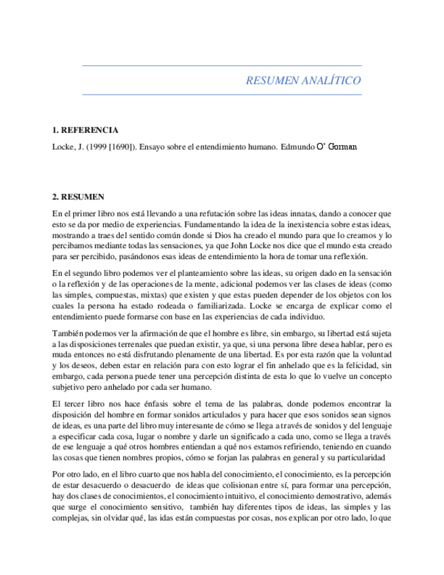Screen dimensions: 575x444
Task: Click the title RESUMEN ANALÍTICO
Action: click(302, 81)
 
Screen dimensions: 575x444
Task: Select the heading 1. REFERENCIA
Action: click(85, 130)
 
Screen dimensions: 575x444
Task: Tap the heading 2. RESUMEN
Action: click(79, 197)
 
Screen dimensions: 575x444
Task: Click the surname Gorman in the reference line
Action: click(343, 146)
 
